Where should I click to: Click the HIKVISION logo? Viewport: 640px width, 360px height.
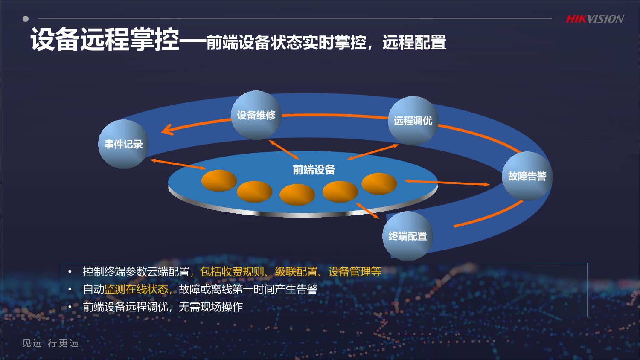coord(595,19)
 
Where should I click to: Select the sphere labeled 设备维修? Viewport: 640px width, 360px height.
coord(256,115)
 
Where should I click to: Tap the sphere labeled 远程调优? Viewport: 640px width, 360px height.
coord(413,121)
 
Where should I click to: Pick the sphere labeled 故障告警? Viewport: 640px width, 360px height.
coord(527,176)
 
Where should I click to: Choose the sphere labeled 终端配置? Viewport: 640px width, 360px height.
coord(407,236)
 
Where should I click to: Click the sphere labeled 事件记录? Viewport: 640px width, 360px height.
coord(123,144)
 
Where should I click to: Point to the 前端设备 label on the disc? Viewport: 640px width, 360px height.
coord(314,170)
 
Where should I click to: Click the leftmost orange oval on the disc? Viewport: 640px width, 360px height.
coord(219,180)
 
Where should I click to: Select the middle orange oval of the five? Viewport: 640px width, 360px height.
coord(297,195)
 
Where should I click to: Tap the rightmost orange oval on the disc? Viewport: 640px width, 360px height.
coord(379,183)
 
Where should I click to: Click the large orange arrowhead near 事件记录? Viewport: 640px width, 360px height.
coord(168,129)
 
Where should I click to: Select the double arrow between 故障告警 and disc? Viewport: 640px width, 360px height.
coord(448,183)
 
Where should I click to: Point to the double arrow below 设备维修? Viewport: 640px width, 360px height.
coord(284,149)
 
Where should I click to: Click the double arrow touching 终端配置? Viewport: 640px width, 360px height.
coord(367,211)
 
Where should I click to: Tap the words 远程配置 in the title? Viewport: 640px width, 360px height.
coord(414,42)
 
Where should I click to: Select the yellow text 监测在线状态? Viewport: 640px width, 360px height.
coord(136,289)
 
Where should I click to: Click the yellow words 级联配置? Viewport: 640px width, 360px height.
coord(296,271)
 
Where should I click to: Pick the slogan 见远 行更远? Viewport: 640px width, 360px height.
coord(50,343)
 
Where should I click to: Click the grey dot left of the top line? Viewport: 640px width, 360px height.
coord(26,19)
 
